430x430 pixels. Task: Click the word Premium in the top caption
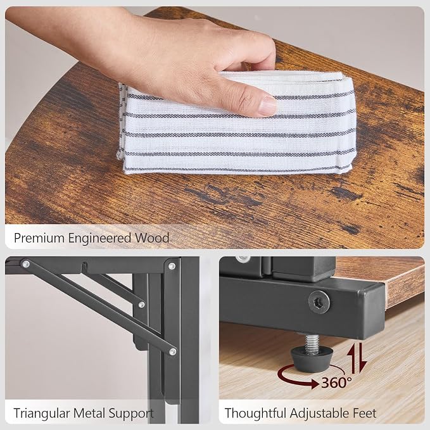pos(39,238)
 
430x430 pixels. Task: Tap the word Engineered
pos(99,239)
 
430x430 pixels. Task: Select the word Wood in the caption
pos(151,238)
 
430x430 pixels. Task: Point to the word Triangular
pos(41,414)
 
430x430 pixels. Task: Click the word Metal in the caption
pos(89,413)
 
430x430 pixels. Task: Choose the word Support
pos(131,414)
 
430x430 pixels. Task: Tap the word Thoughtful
pos(255,413)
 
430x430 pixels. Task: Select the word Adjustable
pos(320,414)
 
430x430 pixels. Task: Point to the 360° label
pos(336,383)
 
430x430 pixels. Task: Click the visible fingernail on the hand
pos(267,106)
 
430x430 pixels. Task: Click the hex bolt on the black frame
pos(319,302)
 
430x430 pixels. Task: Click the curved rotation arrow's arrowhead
pos(313,384)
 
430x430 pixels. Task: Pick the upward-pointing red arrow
pos(353,358)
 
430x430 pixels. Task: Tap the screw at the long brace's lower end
pos(173,351)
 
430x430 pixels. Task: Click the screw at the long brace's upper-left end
pos(26,264)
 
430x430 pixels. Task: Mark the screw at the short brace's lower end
pos(141,305)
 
